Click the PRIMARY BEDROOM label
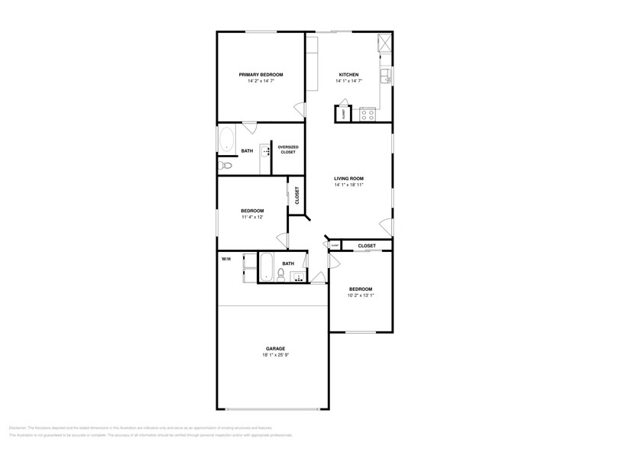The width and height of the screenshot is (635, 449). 261,75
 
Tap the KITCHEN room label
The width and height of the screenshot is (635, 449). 349,75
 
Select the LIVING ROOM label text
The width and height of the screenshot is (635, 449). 348,179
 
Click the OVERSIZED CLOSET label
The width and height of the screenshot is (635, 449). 287,150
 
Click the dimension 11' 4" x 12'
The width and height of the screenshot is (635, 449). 252,217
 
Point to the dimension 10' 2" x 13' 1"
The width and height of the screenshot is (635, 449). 361,295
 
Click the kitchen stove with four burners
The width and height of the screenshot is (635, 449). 368,115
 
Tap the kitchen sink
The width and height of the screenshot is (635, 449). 388,76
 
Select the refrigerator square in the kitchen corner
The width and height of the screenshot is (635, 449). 385,43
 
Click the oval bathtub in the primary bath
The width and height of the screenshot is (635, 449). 227,139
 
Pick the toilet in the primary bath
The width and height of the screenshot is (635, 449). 225,166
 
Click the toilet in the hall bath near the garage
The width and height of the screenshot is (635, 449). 281,273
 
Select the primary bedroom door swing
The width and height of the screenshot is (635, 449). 250,128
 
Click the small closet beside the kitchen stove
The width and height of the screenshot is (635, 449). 343,114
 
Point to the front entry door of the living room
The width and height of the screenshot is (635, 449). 387,226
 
